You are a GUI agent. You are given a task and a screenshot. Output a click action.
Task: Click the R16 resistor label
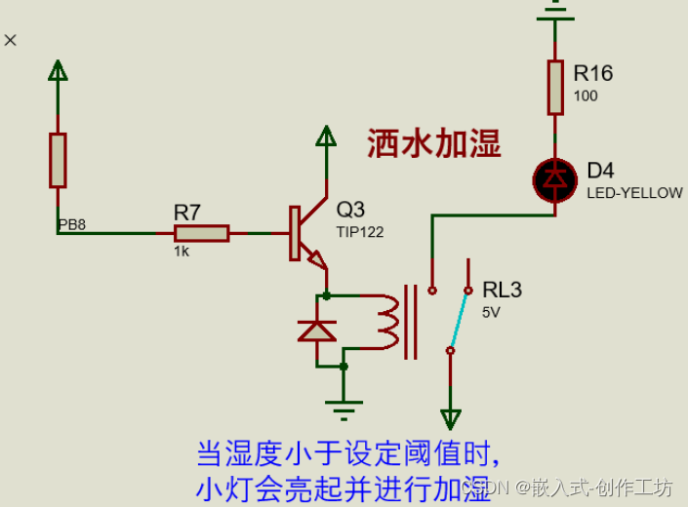(x=592, y=73)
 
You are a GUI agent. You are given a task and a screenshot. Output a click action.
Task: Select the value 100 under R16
(x=586, y=96)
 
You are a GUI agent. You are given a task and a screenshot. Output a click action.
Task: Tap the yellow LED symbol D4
(x=555, y=177)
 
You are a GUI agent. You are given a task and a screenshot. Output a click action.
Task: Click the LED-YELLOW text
(x=634, y=193)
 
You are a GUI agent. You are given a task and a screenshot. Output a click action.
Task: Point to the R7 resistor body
(x=202, y=233)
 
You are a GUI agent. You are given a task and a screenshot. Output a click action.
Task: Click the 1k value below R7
(x=182, y=251)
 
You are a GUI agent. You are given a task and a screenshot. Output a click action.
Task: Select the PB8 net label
(x=72, y=225)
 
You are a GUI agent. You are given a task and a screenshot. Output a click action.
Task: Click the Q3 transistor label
(x=350, y=210)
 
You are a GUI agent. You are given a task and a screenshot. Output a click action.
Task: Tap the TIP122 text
(x=360, y=232)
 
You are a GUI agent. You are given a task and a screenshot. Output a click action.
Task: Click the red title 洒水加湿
(x=433, y=145)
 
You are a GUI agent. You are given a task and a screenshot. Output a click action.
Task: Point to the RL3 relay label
(x=502, y=290)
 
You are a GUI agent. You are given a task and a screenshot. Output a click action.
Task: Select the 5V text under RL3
(x=492, y=312)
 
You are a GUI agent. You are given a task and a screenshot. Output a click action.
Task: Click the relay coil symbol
(x=388, y=322)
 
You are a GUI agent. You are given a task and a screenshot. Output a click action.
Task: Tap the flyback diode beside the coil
(x=316, y=331)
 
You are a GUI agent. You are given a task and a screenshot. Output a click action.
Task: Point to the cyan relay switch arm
(x=459, y=318)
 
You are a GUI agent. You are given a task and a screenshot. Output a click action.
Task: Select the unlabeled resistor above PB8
(x=59, y=160)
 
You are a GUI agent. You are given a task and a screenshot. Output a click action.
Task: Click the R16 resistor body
(x=555, y=87)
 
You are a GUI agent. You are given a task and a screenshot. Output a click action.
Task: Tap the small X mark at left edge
(x=11, y=40)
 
